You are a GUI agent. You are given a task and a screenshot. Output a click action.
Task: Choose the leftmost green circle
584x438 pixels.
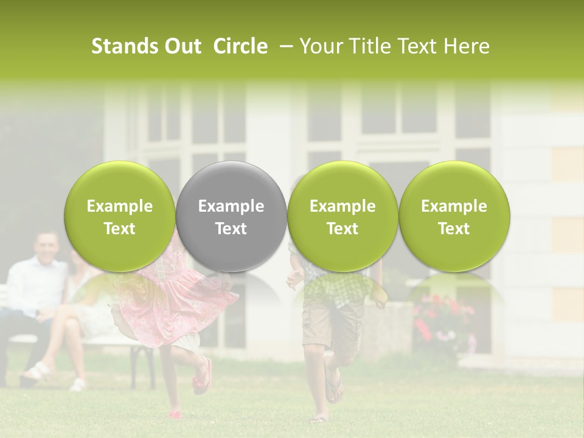click(119, 217)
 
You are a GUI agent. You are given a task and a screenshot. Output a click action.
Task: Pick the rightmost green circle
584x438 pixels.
click(454, 217)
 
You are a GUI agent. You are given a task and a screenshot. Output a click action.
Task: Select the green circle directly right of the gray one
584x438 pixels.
click(342, 217)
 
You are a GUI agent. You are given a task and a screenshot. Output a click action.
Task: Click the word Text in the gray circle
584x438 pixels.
click(231, 229)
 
